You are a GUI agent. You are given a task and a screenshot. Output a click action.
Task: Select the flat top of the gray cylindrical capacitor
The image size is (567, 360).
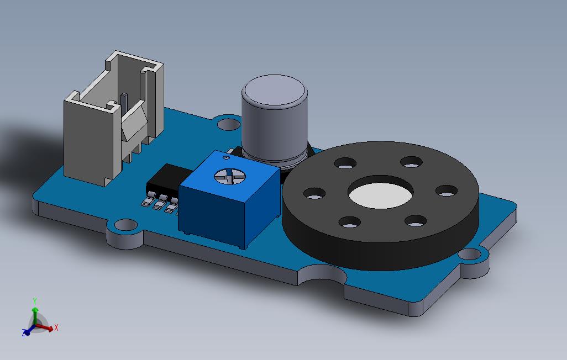click(x=275, y=90)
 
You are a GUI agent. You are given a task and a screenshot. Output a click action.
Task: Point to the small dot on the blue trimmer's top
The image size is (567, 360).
click(x=227, y=157)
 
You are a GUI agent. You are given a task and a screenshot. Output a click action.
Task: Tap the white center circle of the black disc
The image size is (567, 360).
click(x=380, y=195)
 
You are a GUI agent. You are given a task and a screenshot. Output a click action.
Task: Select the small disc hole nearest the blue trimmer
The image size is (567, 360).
click(x=314, y=193)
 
